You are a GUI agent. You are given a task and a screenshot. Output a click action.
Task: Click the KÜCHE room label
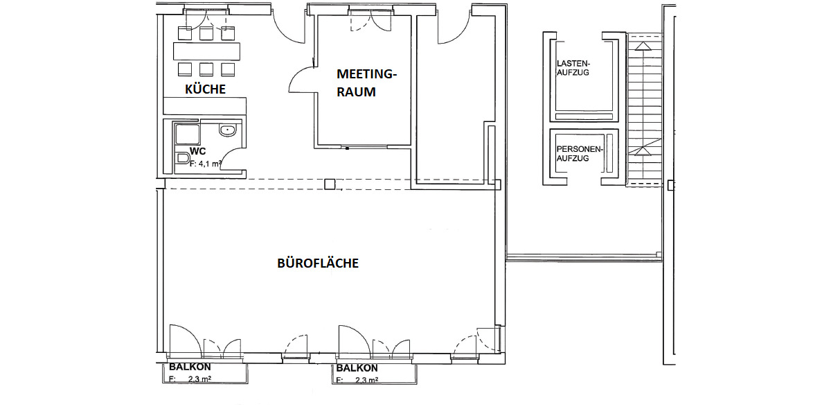205,89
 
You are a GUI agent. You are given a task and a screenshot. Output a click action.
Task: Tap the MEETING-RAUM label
366,83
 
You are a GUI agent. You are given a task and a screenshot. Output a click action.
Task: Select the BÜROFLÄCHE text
318,263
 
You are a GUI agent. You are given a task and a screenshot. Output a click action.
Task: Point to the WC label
197,151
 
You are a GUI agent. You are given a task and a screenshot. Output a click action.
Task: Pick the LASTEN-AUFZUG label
573,67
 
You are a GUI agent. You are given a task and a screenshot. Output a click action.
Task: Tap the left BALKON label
190,367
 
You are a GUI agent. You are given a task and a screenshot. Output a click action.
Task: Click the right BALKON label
357,368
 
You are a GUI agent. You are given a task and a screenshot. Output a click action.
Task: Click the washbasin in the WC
227,130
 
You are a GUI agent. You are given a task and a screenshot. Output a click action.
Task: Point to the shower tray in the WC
187,134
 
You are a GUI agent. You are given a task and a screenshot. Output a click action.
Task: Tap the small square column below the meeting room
330,184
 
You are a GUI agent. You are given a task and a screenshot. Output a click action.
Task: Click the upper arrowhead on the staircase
643,46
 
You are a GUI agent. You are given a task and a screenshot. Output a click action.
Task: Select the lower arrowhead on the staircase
643,150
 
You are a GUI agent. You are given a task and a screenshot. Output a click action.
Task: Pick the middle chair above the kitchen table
206,33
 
